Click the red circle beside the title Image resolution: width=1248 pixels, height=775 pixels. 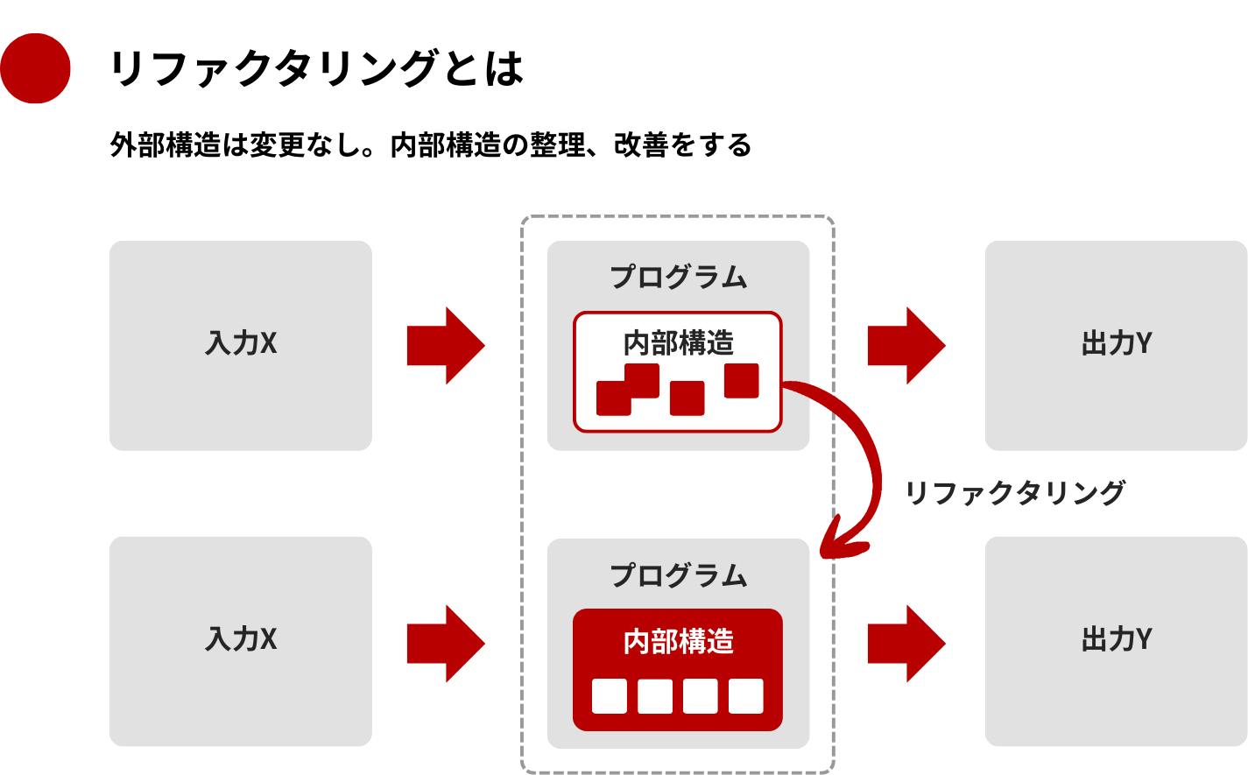point(35,68)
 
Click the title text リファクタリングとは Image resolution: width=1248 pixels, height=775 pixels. point(316,68)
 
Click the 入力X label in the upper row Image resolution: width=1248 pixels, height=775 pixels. point(241,343)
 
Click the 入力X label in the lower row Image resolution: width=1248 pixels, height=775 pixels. point(241,639)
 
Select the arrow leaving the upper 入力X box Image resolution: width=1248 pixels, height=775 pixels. point(445,345)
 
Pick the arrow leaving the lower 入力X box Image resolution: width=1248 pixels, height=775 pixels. point(445,644)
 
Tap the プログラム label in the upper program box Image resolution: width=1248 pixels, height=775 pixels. point(679,277)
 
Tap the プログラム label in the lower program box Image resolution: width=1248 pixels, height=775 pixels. point(679,575)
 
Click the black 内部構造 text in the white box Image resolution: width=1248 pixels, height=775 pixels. point(679,342)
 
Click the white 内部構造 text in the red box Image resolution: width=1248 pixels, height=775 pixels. point(679,641)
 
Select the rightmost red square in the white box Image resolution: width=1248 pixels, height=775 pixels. point(741,381)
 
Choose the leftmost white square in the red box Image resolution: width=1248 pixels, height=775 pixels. point(610,696)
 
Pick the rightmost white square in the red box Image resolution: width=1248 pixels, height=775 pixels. point(746,696)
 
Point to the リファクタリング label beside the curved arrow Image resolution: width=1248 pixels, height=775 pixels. point(1014,493)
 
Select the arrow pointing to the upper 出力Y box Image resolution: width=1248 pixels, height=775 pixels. point(906,345)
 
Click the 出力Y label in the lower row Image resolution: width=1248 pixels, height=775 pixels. point(1117,639)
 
